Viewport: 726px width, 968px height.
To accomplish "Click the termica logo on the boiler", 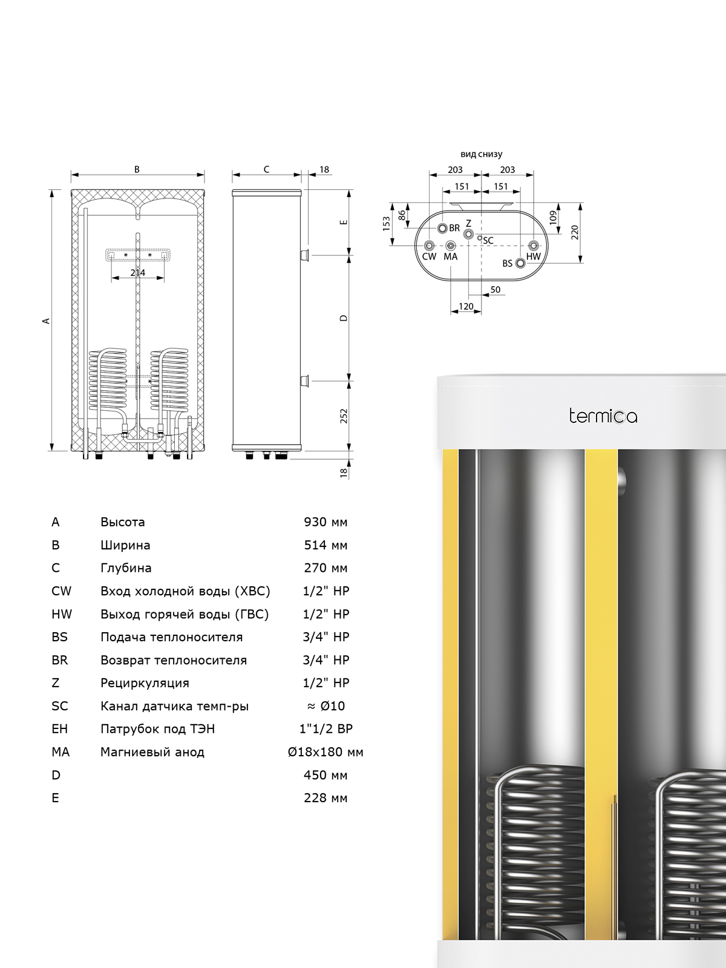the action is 603,416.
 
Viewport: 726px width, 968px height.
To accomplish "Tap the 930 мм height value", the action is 325,522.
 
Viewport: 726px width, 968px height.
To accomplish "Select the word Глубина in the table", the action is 126,568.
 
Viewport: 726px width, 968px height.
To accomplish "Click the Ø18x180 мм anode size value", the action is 325,752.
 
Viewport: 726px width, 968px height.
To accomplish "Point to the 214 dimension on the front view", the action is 137,273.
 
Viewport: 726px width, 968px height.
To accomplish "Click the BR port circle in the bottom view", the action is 443,228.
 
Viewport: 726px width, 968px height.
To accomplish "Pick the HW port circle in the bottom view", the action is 534,246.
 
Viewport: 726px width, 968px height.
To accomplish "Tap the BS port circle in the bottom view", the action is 520,263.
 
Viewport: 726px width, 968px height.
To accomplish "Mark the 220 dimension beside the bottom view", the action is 574,232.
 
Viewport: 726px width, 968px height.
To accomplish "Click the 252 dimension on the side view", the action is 344,416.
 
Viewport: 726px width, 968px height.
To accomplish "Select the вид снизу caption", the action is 482,154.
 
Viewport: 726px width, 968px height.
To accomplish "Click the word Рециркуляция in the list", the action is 145,683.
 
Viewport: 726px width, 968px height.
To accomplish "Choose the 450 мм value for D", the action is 325,775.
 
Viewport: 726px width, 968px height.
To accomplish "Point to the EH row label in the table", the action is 59,729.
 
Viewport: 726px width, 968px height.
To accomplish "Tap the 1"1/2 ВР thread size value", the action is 325,729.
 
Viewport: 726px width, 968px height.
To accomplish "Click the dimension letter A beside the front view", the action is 45,321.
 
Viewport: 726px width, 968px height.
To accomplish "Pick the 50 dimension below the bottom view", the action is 495,290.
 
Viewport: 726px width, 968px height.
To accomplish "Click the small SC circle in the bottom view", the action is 480,238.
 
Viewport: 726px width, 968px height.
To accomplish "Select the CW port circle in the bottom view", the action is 429,246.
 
